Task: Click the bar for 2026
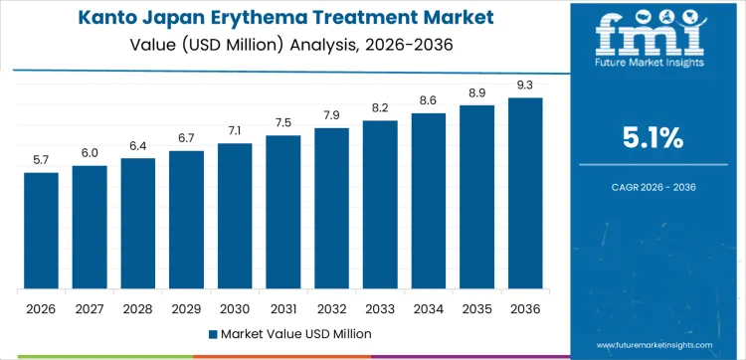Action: (41, 231)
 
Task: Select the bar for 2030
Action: (235, 216)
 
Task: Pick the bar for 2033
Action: (380, 205)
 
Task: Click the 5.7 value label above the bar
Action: (41, 159)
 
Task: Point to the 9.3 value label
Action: (525, 85)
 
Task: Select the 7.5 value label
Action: (283, 122)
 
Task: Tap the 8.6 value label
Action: (429, 100)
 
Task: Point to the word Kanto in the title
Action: (108, 19)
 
